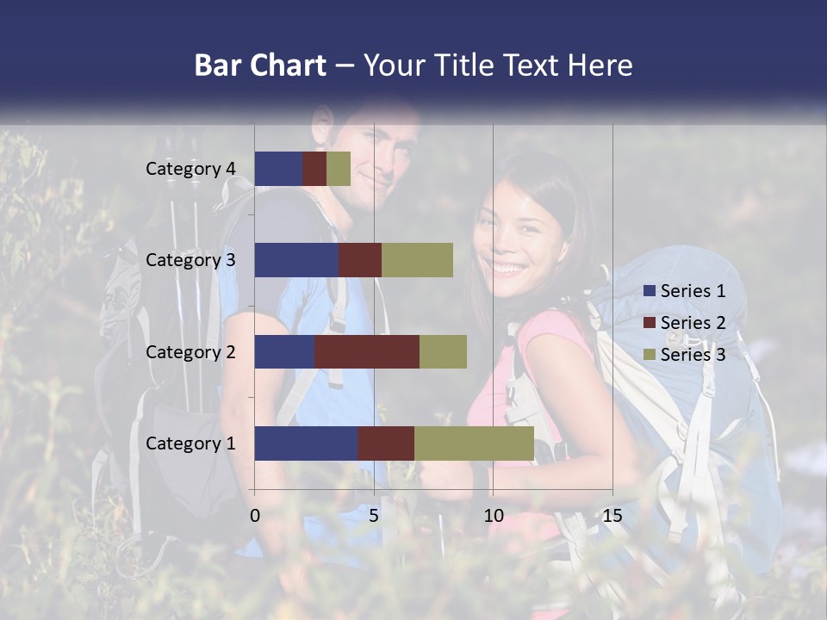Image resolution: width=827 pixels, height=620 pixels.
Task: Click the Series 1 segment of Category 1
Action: coord(306,443)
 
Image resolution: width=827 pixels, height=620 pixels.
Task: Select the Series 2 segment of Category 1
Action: coord(386,443)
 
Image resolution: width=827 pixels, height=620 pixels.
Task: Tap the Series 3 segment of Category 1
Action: coord(474,443)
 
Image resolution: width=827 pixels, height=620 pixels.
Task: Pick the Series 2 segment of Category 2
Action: coord(367,351)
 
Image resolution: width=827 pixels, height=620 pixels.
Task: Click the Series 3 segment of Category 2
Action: coord(443,351)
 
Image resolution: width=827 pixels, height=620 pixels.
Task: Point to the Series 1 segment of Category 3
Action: coord(296,260)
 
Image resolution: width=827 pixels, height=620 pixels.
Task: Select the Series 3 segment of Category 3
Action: coord(417,260)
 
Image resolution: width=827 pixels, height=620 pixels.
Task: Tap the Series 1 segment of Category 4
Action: coord(278,169)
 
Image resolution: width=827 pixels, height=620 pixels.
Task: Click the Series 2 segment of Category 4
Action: coord(314,169)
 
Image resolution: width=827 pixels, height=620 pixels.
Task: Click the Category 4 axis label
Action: coord(190,169)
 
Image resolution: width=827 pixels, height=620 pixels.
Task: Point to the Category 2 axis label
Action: coord(190,351)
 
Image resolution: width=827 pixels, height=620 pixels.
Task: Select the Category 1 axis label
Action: coord(190,443)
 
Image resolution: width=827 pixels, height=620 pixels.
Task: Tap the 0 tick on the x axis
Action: coord(255,516)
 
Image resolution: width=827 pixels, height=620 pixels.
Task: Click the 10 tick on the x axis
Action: coord(493,516)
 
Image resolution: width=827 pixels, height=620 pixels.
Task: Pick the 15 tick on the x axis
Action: coord(612,516)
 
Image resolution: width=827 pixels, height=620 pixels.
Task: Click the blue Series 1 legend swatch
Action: coord(650,291)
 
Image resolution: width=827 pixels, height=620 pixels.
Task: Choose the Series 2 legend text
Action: coord(693,323)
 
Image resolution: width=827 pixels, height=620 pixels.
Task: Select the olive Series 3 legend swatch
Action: coord(650,355)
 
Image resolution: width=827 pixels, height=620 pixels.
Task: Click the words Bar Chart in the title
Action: coord(260,65)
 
